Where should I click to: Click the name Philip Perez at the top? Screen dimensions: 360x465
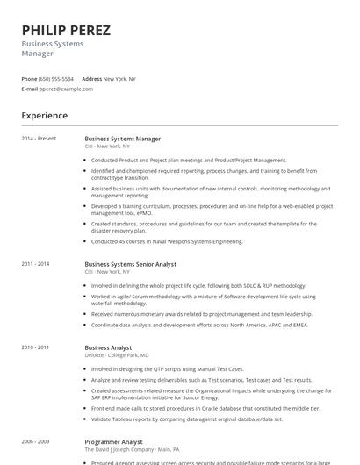click(x=66, y=30)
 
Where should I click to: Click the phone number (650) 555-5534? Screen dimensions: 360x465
click(x=57, y=78)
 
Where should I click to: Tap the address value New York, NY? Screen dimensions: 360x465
click(x=119, y=78)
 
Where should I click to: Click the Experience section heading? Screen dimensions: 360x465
click(x=44, y=115)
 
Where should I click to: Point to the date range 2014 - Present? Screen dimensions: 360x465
click(x=39, y=139)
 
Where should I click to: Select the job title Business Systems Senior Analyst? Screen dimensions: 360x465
click(x=130, y=264)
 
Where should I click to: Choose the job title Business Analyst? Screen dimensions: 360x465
click(x=108, y=347)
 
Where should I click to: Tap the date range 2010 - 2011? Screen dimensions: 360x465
click(x=35, y=347)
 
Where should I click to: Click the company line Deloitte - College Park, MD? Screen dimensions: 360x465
click(x=117, y=355)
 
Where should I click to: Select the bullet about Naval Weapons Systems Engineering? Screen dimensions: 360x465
click(x=167, y=240)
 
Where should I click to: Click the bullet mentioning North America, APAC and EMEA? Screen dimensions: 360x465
click(x=199, y=324)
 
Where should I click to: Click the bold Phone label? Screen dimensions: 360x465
click(x=29, y=78)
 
